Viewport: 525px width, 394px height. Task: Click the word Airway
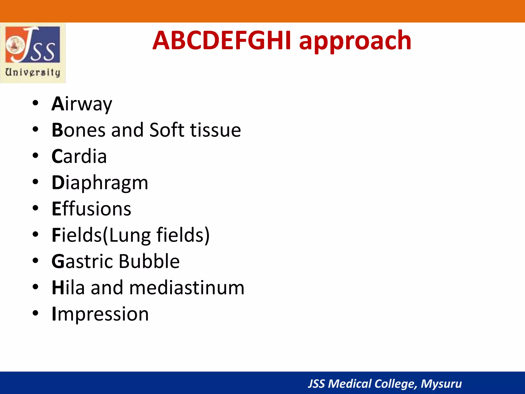[x=82, y=104]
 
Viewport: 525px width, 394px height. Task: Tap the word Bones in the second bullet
[x=78, y=130]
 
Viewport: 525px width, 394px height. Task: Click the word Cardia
[x=79, y=156]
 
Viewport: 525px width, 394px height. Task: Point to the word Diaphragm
[x=100, y=183]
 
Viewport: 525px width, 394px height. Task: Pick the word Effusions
[x=91, y=209]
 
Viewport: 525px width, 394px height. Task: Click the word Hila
[x=68, y=288]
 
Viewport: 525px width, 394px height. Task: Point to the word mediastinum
[x=187, y=288]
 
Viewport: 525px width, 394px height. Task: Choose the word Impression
[x=100, y=314]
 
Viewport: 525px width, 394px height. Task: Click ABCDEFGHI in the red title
[x=222, y=41]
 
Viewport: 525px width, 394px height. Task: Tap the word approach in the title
[x=355, y=41]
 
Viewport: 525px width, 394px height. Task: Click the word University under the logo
[x=33, y=72]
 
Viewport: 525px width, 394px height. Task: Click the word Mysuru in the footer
[x=441, y=384]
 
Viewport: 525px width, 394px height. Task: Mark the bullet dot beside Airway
[x=35, y=103]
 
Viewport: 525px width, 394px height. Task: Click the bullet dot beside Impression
[x=35, y=313]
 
